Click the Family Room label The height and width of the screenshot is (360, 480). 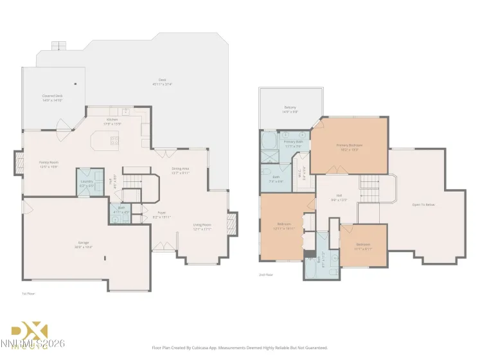(49, 164)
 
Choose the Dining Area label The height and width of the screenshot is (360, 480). (180, 170)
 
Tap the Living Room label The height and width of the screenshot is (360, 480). (202, 226)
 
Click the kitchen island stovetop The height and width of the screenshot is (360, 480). (114, 139)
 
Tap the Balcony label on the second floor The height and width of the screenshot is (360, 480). (290, 109)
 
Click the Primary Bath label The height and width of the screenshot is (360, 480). (293, 143)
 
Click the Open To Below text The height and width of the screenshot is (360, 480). (423, 205)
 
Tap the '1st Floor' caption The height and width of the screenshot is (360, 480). (28, 293)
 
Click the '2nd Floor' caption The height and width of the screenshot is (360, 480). (266, 274)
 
